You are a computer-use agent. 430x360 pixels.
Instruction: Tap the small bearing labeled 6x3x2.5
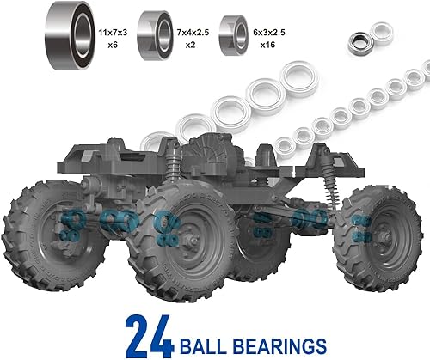233,34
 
